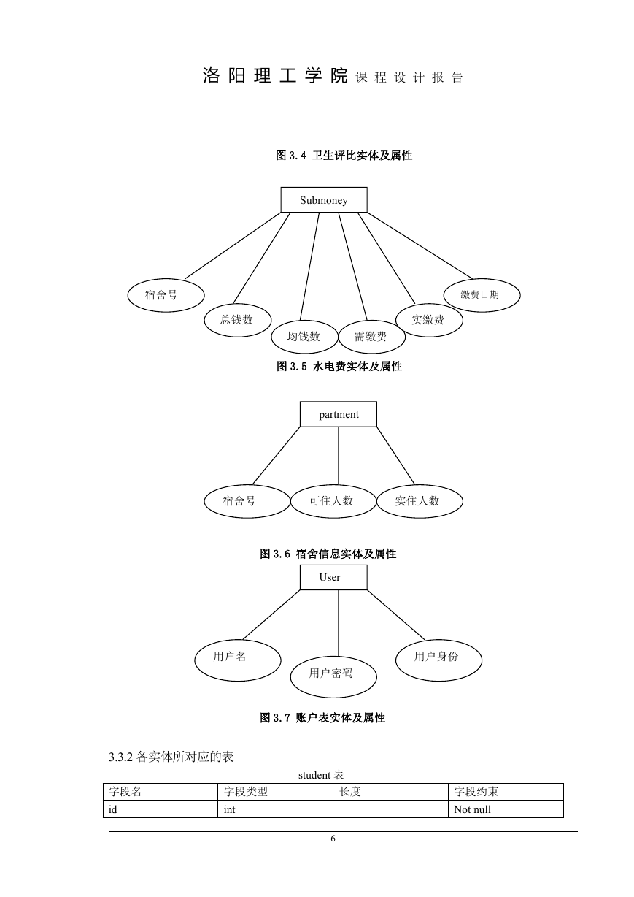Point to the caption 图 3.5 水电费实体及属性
click(339, 366)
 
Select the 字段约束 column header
click(476, 791)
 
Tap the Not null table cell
click(472, 809)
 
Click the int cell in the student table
click(229, 809)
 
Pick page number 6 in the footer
click(333, 838)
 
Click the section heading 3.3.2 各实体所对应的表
click(171, 757)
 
